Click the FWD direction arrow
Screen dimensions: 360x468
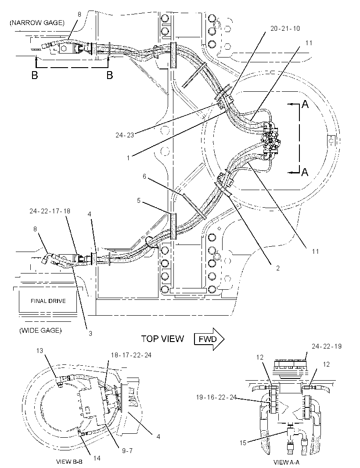click(x=209, y=339)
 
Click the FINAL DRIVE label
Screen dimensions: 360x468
click(x=48, y=301)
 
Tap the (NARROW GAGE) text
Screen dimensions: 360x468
click(x=37, y=23)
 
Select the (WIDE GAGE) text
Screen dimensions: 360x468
click(x=40, y=331)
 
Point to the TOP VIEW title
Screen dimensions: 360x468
click(x=163, y=338)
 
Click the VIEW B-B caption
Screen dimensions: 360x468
click(x=69, y=462)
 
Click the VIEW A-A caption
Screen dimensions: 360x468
click(x=286, y=462)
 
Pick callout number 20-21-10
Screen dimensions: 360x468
click(x=285, y=29)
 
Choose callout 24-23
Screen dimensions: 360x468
click(x=125, y=135)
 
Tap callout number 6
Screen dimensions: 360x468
click(x=144, y=176)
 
